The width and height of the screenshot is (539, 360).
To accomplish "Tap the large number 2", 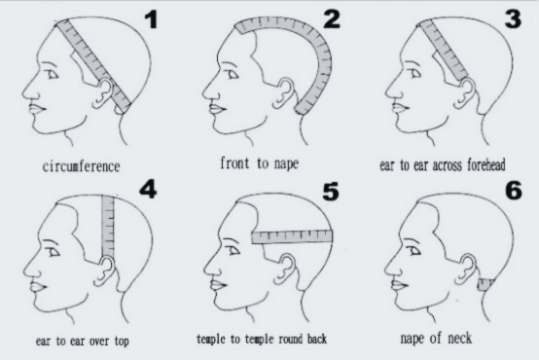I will point(331,18).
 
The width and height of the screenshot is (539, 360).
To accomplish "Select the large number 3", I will point(514,19).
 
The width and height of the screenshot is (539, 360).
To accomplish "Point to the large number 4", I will point(147,189).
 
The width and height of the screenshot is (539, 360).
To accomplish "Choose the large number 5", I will point(332,192).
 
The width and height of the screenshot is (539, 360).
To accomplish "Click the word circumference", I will point(81,165).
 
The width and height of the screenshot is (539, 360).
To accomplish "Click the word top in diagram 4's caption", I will point(118,341).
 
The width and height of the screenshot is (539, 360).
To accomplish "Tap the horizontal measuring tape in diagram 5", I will point(292,236).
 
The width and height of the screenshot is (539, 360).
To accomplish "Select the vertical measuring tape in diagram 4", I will point(107,229).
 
